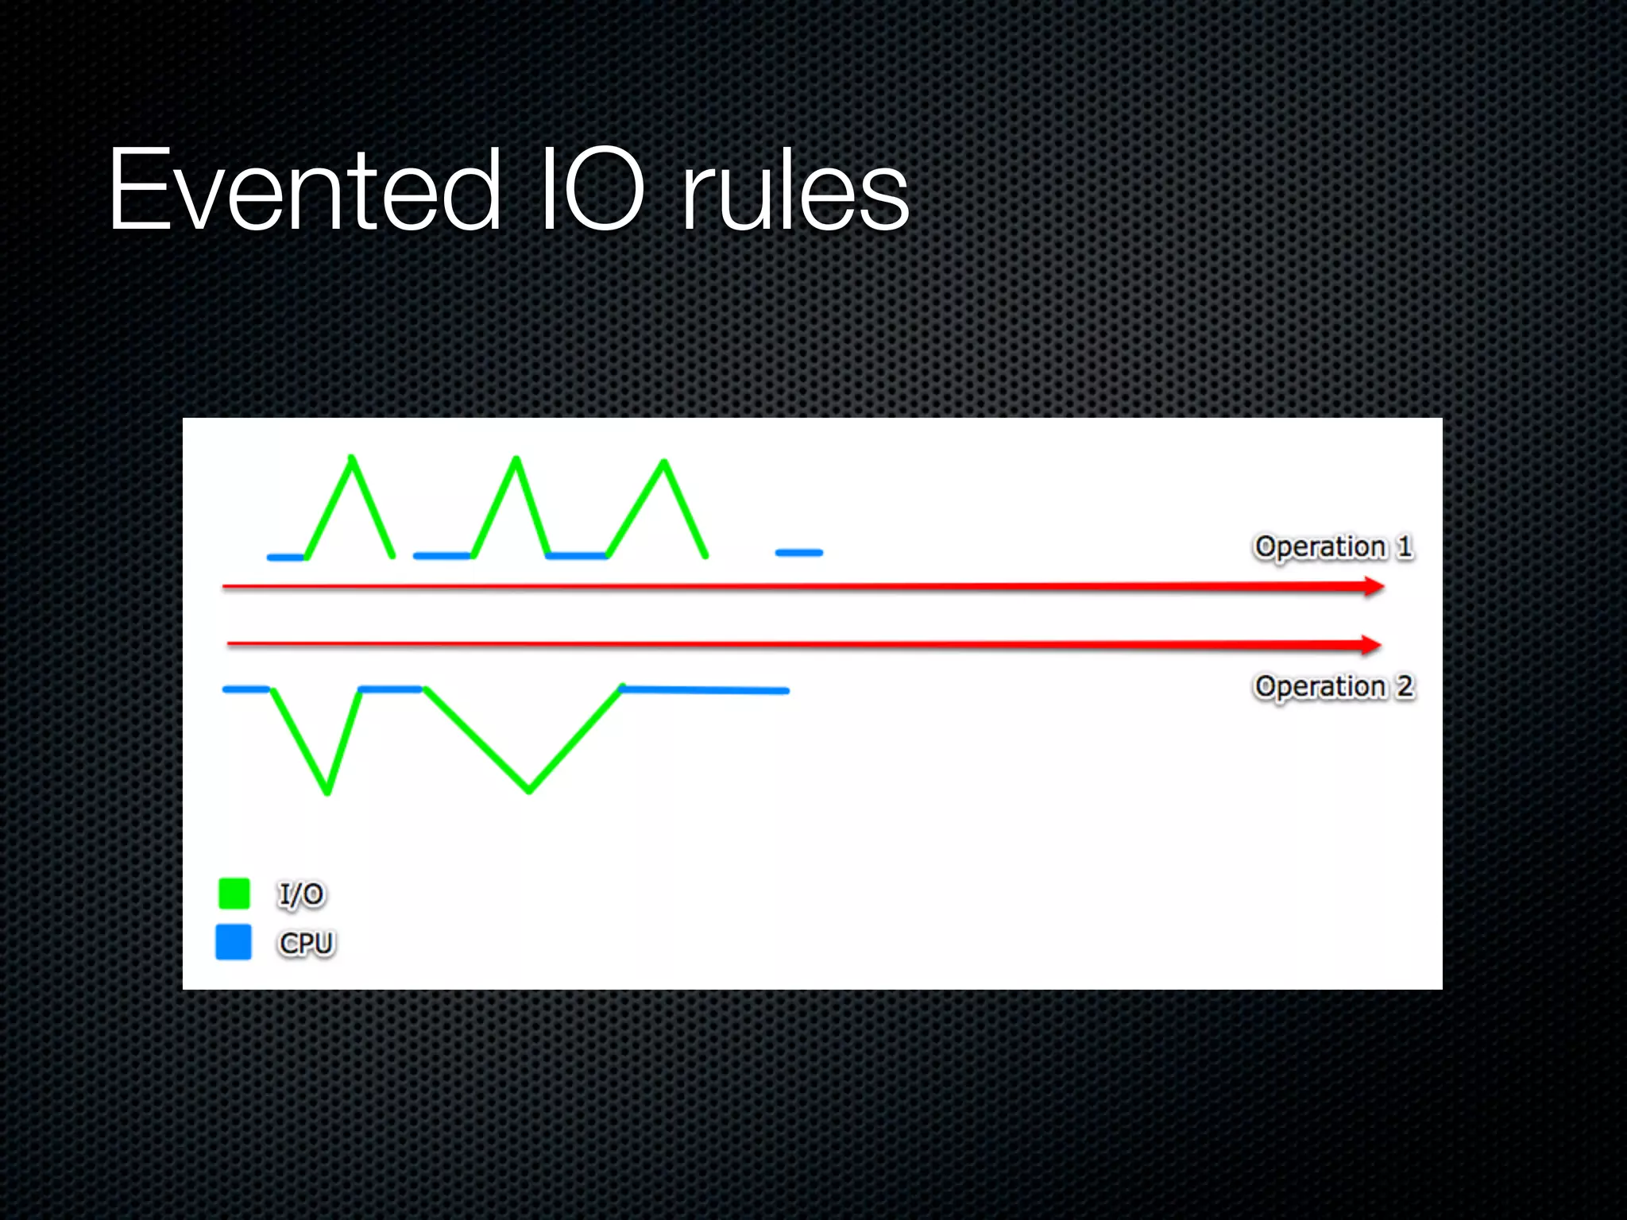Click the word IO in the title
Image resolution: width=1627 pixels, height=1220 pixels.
click(x=592, y=191)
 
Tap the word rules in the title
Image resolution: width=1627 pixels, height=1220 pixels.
click(x=794, y=191)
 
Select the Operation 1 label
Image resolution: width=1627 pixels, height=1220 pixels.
click(x=1333, y=546)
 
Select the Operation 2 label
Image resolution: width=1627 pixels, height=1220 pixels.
click(x=1333, y=686)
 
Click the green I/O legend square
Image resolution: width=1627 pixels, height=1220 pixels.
click(x=234, y=894)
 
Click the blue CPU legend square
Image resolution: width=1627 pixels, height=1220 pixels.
click(x=234, y=942)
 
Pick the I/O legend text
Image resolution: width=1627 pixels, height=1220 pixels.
click(x=301, y=894)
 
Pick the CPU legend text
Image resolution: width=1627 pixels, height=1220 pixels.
click(x=307, y=944)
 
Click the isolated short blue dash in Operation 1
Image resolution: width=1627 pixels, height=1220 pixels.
click(x=799, y=552)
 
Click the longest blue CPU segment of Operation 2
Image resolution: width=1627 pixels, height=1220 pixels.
click(x=704, y=690)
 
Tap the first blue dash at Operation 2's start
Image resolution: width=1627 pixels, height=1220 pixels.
click(x=246, y=689)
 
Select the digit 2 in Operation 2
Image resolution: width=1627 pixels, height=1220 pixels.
click(x=1405, y=686)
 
